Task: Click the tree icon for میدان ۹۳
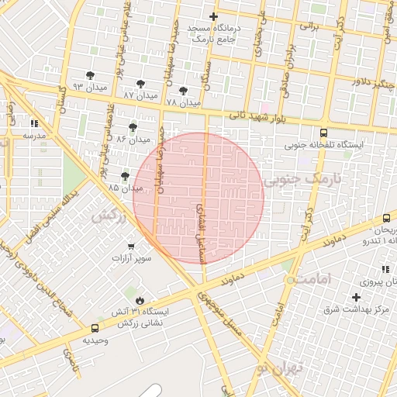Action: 91,75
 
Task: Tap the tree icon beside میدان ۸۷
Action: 140,85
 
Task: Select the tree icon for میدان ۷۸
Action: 183,91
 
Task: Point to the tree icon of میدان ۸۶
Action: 133,127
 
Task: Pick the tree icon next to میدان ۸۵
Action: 126,177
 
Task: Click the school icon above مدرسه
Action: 33,123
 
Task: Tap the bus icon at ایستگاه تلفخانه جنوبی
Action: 323,132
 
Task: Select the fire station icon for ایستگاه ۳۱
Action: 140,300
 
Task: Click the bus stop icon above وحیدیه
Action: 95,328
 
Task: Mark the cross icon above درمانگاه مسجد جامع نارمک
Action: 213,16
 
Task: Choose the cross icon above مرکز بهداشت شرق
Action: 356,297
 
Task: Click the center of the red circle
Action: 198,198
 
